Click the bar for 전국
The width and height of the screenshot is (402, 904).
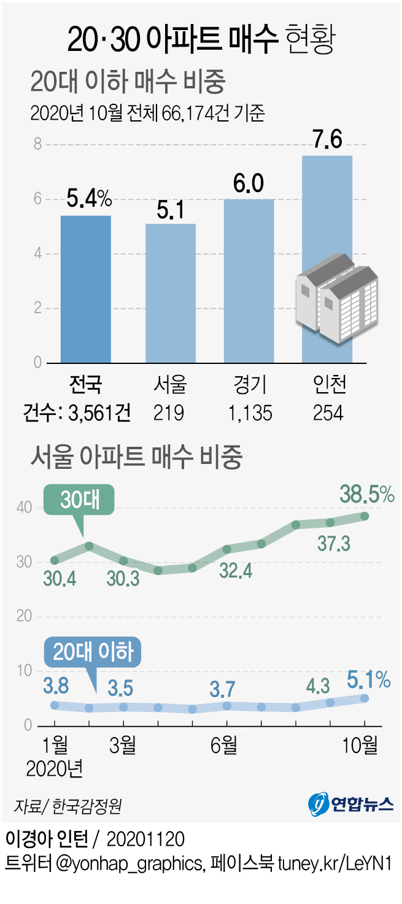pos(86,288)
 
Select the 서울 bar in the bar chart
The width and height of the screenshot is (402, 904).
pos(170,293)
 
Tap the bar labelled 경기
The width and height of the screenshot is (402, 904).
pos(249,280)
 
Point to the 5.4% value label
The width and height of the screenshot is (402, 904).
pos(90,199)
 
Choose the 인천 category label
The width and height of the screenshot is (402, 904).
pos(327,385)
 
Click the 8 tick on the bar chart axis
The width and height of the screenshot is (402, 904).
pos(37,144)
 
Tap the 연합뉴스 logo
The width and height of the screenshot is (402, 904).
pos(350,802)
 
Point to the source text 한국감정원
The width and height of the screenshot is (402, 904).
pos(87,805)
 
